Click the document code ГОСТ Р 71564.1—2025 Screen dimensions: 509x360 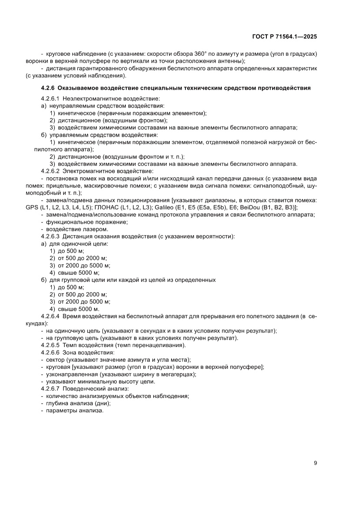284,37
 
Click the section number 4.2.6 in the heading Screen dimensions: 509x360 47,88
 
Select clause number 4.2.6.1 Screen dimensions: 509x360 50,99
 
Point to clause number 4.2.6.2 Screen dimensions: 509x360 50,171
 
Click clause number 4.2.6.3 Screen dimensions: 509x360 50,236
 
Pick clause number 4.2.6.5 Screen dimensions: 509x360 50,345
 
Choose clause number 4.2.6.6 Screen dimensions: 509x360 50,352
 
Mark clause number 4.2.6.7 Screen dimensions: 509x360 50,388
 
